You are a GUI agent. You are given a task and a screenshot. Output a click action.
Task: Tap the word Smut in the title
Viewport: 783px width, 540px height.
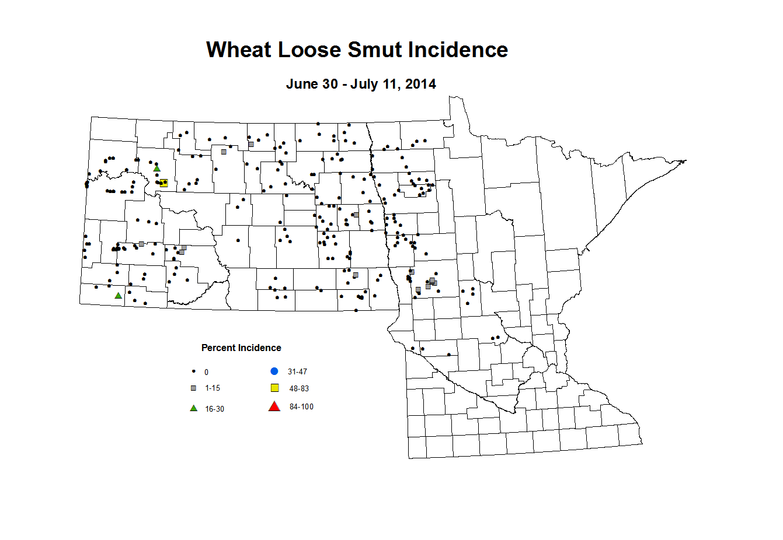[x=375, y=50]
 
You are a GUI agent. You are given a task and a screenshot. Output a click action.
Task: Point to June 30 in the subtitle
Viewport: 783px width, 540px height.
[x=311, y=84]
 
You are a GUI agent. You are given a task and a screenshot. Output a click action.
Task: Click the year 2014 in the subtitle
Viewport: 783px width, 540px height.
[x=420, y=84]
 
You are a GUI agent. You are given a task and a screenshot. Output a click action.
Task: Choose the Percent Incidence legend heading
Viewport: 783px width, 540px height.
[x=241, y=348]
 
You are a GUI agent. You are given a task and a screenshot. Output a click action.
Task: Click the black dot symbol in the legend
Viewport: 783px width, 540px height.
[x=193, y=371]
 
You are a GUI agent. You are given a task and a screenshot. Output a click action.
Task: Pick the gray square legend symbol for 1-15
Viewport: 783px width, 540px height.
[x=193, y=388]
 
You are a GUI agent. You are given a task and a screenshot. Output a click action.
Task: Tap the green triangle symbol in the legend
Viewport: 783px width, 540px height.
[x=193, y=408]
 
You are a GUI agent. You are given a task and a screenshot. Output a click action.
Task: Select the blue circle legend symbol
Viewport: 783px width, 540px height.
[x=274, y=371]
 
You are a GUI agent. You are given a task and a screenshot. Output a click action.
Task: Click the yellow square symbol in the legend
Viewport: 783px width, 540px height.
[x=274, y=388]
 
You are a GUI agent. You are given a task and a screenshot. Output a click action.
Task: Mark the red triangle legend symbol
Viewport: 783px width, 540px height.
[x=274, y=406]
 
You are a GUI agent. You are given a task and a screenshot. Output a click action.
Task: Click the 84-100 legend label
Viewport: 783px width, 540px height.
[x=301, y=407]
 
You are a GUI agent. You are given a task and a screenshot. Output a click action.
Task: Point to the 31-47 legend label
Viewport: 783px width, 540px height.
[x=297, y=371]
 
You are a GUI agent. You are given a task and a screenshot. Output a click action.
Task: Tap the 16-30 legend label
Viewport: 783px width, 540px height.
[x=214, y=409]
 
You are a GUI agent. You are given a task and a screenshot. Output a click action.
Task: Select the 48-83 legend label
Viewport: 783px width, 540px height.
[x=299, y=388]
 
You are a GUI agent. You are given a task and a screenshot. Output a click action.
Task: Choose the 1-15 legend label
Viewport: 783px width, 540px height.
[x=212, y=388]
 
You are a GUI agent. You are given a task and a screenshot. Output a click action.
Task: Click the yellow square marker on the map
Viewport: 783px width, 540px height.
[x=164, y=183]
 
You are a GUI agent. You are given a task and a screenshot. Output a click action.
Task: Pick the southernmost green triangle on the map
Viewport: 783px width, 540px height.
[x=119, y=296]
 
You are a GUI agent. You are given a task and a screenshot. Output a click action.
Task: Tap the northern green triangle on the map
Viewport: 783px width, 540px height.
[x=156, y=169]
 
